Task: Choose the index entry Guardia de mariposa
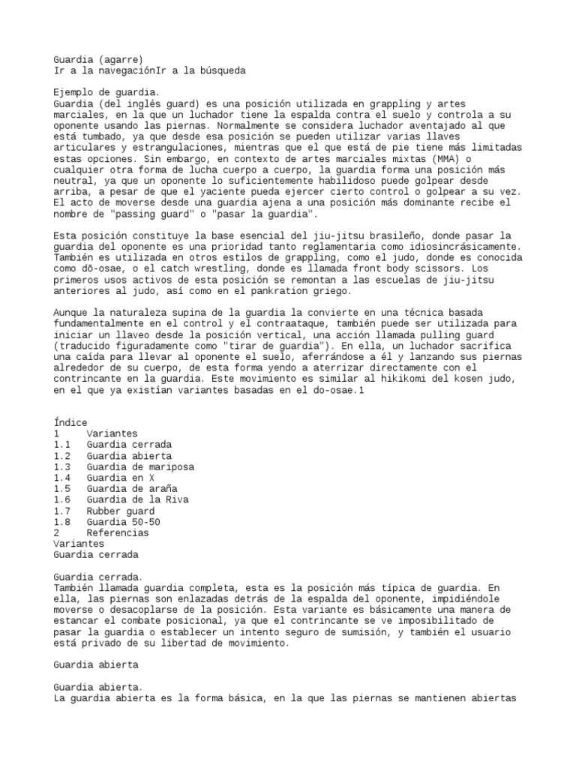point(139,466)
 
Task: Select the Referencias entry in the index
point(118,533)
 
